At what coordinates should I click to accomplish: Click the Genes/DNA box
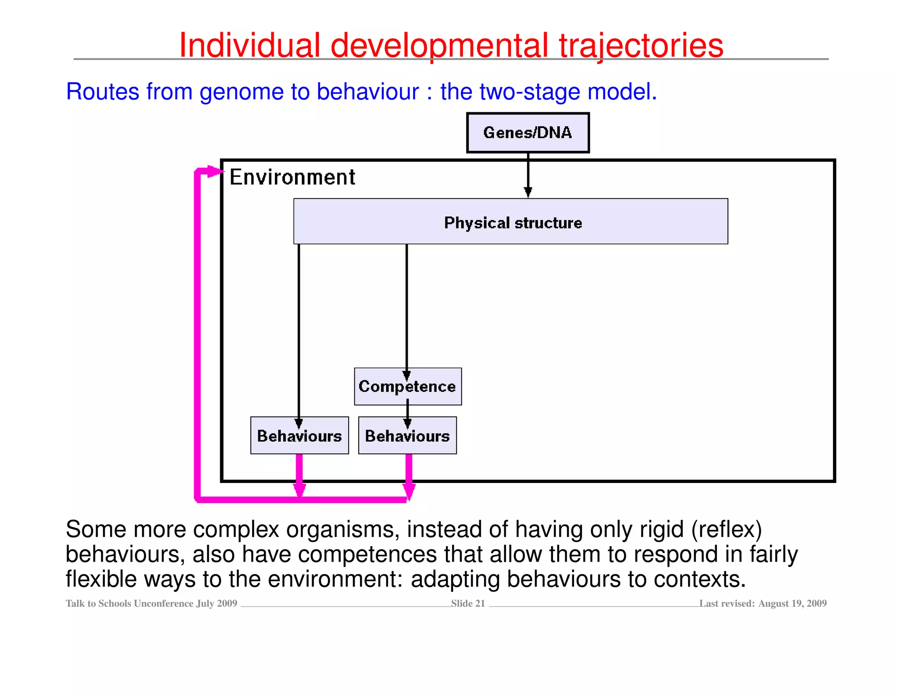click(x=527, y=132)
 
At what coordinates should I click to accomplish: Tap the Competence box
click(x=407, y=386)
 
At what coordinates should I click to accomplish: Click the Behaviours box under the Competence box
click(x=407, y=436)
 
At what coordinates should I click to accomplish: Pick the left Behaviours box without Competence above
click(x=299, y=436)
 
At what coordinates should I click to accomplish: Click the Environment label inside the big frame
click(x=292, y=177)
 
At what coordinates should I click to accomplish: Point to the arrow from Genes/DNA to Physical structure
click(x=528, y=175)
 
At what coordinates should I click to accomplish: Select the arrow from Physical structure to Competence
click(x=406, y=307)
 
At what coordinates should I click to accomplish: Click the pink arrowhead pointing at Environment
click(x=215, y=171)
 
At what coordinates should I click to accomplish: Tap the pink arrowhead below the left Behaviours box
click(x=299, y=489)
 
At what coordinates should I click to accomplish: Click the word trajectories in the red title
click(x=641, y=45)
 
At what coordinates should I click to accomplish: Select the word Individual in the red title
click(x=250, y=45)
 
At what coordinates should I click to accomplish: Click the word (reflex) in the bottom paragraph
click(x=727, y=529)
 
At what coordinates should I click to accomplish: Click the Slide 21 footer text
click(x=468, y=603)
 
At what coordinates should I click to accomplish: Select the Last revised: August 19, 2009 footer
click(x=763, y=603)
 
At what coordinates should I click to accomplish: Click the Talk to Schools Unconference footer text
click(x=151, y=603)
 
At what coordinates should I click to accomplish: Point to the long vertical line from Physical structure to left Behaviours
click(x=299, y=329)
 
